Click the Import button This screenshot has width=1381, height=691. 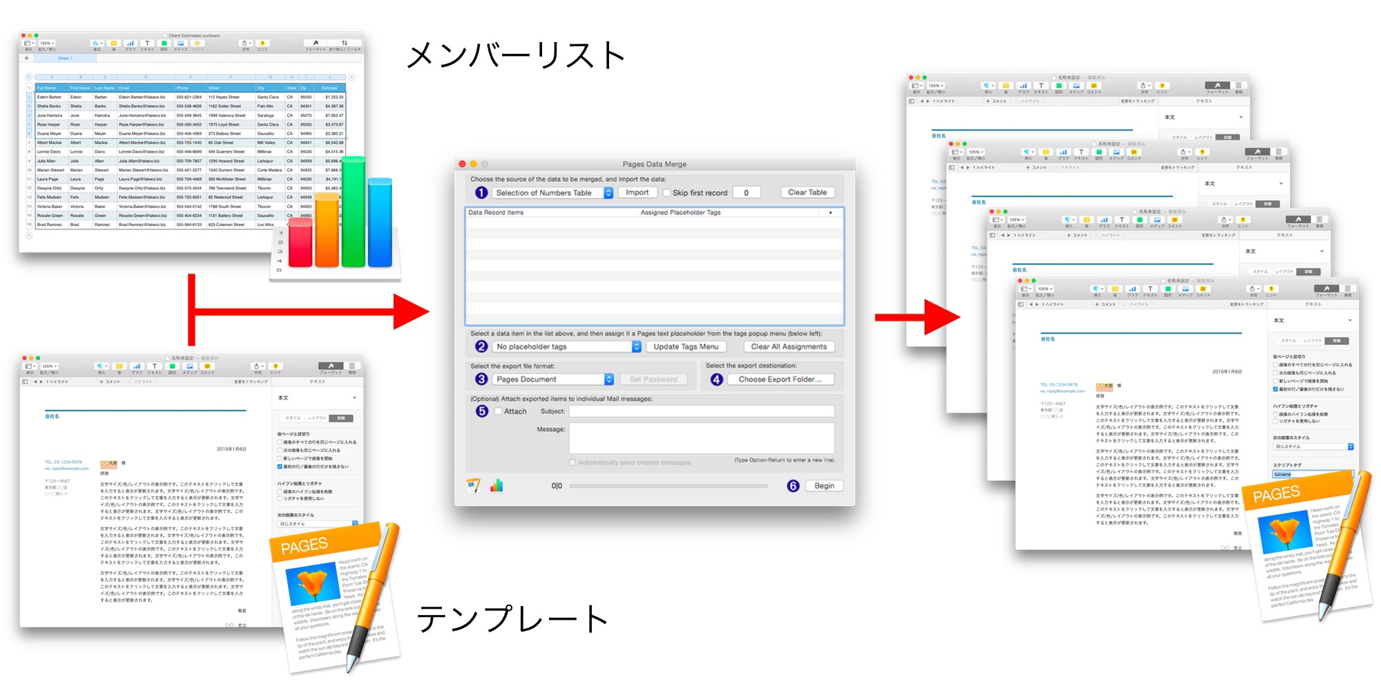click(637, 193)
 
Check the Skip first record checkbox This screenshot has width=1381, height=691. click(667, 193)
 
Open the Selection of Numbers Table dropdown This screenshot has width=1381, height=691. click(553, 193)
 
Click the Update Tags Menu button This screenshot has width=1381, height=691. click(686, 347)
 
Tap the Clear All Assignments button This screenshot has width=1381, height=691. click(789, 347)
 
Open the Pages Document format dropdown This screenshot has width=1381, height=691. click(553, 379)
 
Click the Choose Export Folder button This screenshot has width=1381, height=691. click(780, 379)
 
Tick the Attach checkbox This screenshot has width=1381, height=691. click(499, 411)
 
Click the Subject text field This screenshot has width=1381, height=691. click(701, 411)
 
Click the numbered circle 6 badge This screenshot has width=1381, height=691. click(793, 486)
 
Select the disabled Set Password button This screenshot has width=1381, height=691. click(653, 379)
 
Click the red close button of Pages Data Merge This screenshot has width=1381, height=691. click(462, 164)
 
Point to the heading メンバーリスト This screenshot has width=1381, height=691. click(516, 55)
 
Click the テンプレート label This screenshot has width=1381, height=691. click(512, 618)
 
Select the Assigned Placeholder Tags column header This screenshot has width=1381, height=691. click(680, 213)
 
